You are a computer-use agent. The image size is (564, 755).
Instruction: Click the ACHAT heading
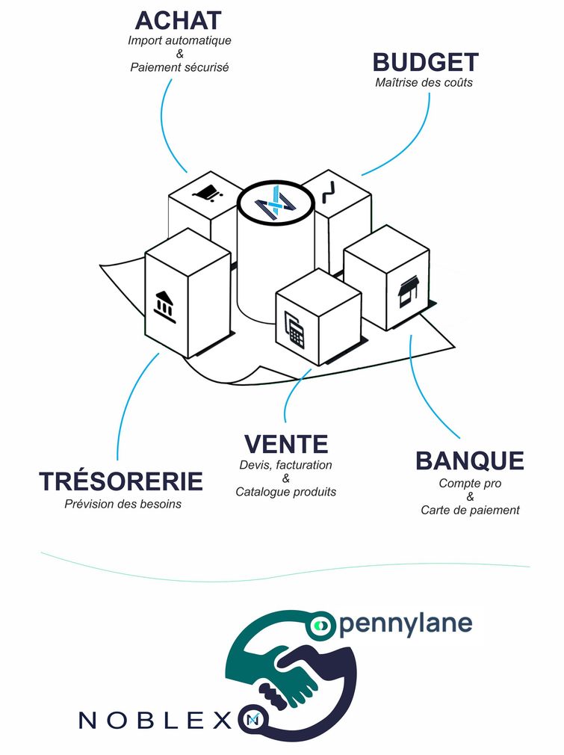[179, 20]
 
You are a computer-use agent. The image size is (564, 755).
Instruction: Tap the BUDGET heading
[425, 62]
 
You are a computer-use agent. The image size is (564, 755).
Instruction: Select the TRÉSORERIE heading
[121, 481]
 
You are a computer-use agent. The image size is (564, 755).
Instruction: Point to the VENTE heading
[285, 444]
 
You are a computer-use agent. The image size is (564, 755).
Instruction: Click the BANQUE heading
[470, 460]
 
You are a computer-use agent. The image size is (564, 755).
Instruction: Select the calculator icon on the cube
[295, 330]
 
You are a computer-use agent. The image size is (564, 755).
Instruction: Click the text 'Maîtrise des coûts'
[424, 82]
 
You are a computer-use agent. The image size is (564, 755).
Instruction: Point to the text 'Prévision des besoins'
[123, 504]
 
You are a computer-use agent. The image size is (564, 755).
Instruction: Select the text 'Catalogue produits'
[285, 492]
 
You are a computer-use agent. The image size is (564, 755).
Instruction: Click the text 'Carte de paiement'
[470, 510]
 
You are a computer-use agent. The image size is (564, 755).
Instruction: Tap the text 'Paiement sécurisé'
[179, 67]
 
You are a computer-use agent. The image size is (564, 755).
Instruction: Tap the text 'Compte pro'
[470, 484]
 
